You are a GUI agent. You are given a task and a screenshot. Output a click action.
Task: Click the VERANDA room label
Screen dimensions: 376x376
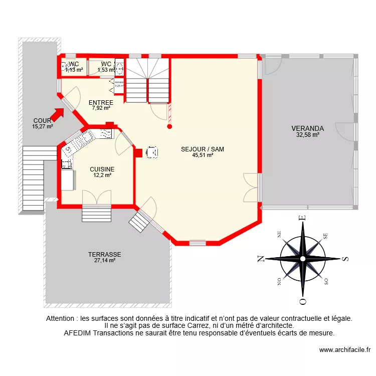[308, 128]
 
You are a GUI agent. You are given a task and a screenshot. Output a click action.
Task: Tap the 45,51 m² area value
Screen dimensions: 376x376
[203, 155]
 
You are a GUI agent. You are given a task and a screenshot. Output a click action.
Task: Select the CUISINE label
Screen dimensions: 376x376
[102, 169]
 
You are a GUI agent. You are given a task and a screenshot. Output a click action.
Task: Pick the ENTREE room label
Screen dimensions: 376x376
[101, 103]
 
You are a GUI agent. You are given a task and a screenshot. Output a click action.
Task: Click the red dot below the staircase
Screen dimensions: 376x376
[169, 127]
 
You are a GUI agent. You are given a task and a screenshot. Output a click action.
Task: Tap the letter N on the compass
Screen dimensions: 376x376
[261, 259]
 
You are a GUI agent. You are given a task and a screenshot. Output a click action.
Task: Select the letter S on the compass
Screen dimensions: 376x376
[345, 259]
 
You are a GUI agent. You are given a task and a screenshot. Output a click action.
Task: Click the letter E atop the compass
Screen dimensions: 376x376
[302, 217]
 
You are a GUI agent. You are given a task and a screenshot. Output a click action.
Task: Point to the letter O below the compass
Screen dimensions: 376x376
[302, 301]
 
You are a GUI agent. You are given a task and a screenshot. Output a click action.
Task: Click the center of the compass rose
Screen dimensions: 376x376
[303, 259]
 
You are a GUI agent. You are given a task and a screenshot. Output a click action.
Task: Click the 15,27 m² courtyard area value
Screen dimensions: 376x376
[43, 126]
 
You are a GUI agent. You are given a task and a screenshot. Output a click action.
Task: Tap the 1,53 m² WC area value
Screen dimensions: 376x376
[106, 70]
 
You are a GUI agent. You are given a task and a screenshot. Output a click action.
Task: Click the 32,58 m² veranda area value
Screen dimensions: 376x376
[308, 134]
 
